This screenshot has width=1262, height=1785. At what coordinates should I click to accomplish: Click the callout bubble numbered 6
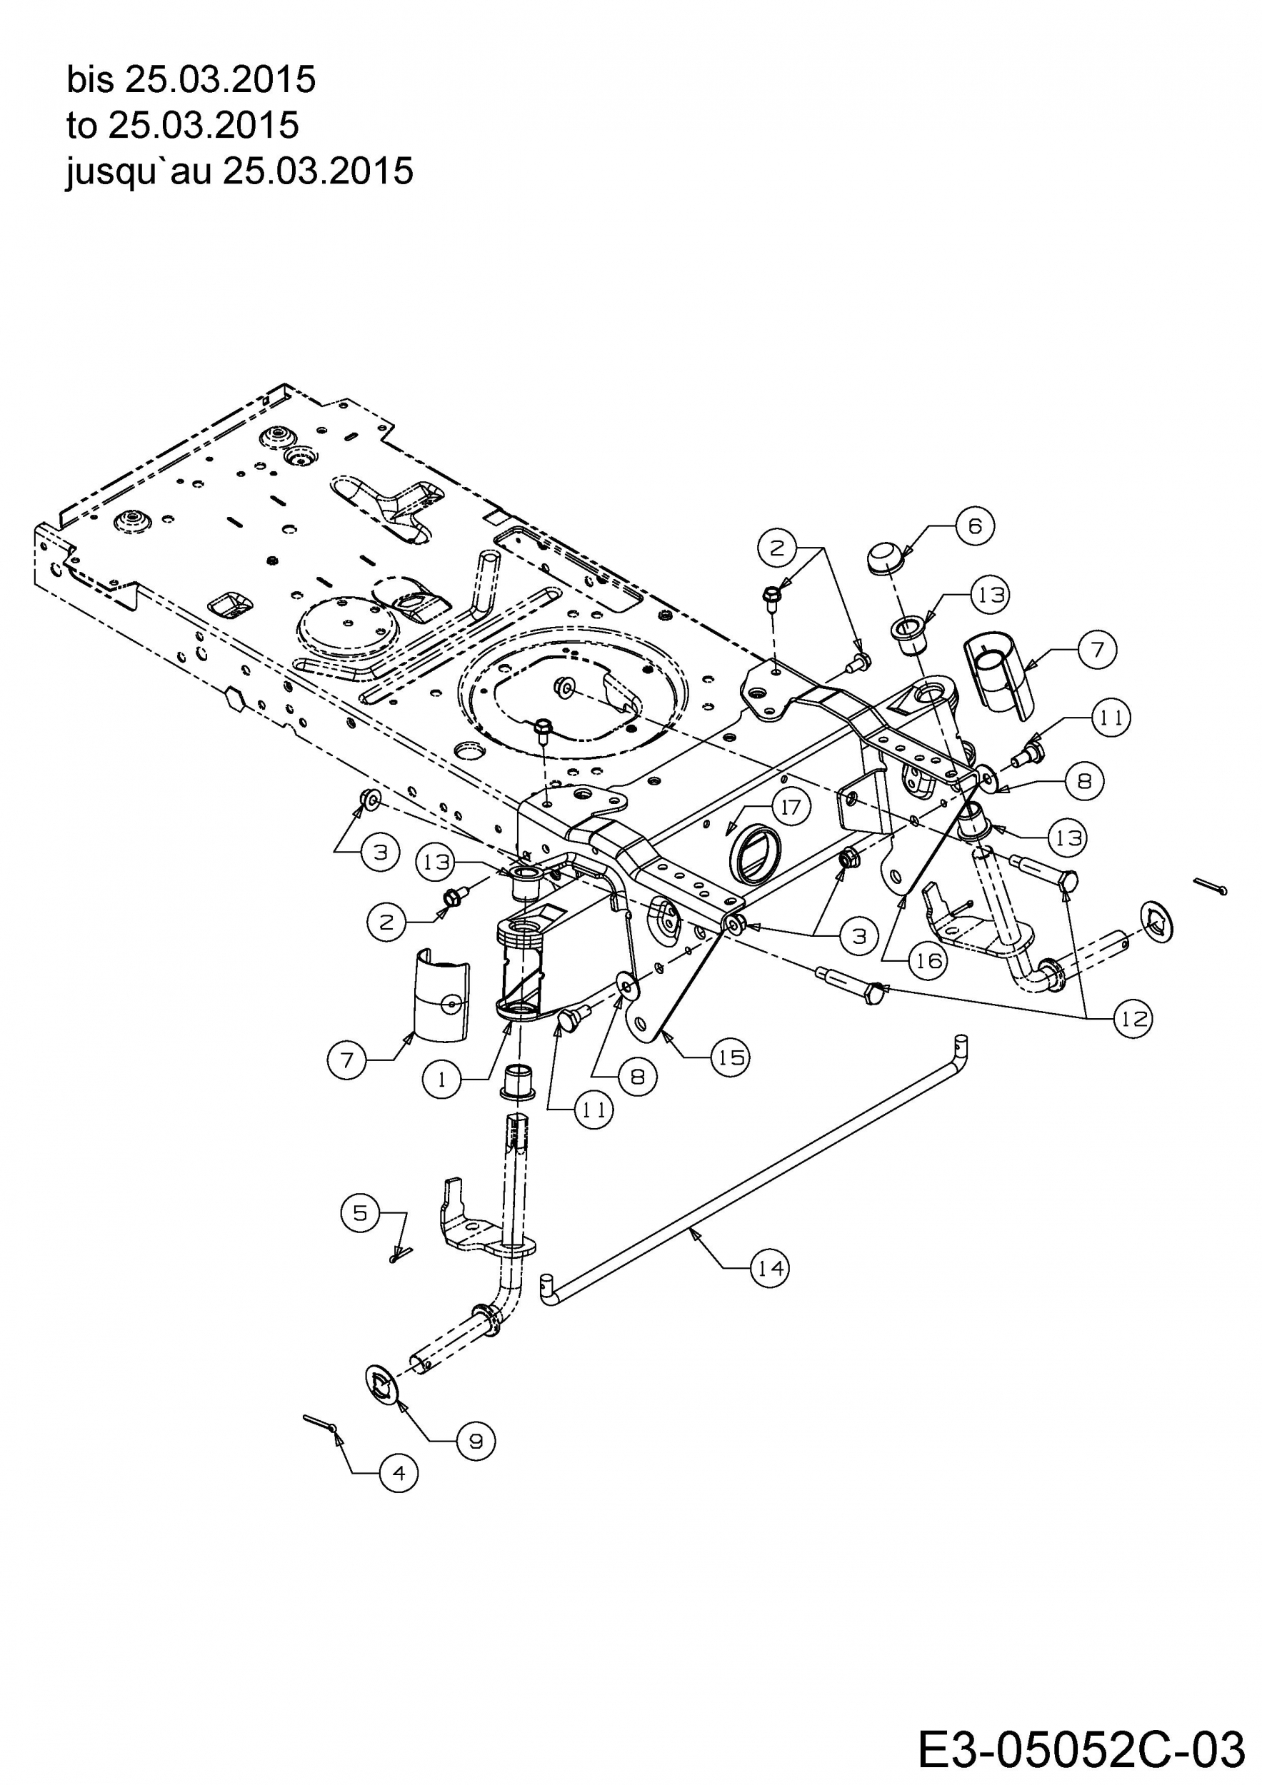[975, 526]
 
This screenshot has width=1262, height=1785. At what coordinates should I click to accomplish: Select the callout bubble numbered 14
[770, 1268]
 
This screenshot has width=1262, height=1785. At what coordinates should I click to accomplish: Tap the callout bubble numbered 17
[791, 806]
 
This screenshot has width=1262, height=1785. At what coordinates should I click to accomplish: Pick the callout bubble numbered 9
[476, 1441]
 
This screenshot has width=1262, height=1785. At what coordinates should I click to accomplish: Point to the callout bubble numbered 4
[399, 1473]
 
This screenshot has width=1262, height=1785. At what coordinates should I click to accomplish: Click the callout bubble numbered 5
[360, 1213]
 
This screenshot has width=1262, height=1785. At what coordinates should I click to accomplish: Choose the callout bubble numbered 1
[441, 1080]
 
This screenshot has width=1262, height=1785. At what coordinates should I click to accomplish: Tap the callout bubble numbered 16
[928, 961]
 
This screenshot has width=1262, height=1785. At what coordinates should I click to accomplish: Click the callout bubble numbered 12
[1133, 1018]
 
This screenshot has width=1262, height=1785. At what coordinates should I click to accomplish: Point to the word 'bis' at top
[90, 79]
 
